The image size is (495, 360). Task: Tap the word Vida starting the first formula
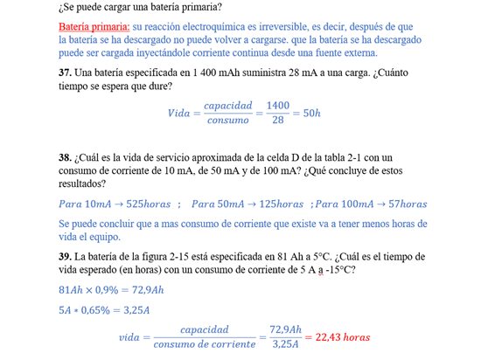click(178, 114)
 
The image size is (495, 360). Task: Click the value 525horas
click(148, 204)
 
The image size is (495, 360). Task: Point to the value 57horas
click(408, 204)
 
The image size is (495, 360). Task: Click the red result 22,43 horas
click(342, 337)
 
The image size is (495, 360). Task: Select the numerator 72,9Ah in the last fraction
click(285, 329)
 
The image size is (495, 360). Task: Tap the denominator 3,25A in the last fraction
click(285, 345)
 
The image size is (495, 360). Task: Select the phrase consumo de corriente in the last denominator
click(204, 345)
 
